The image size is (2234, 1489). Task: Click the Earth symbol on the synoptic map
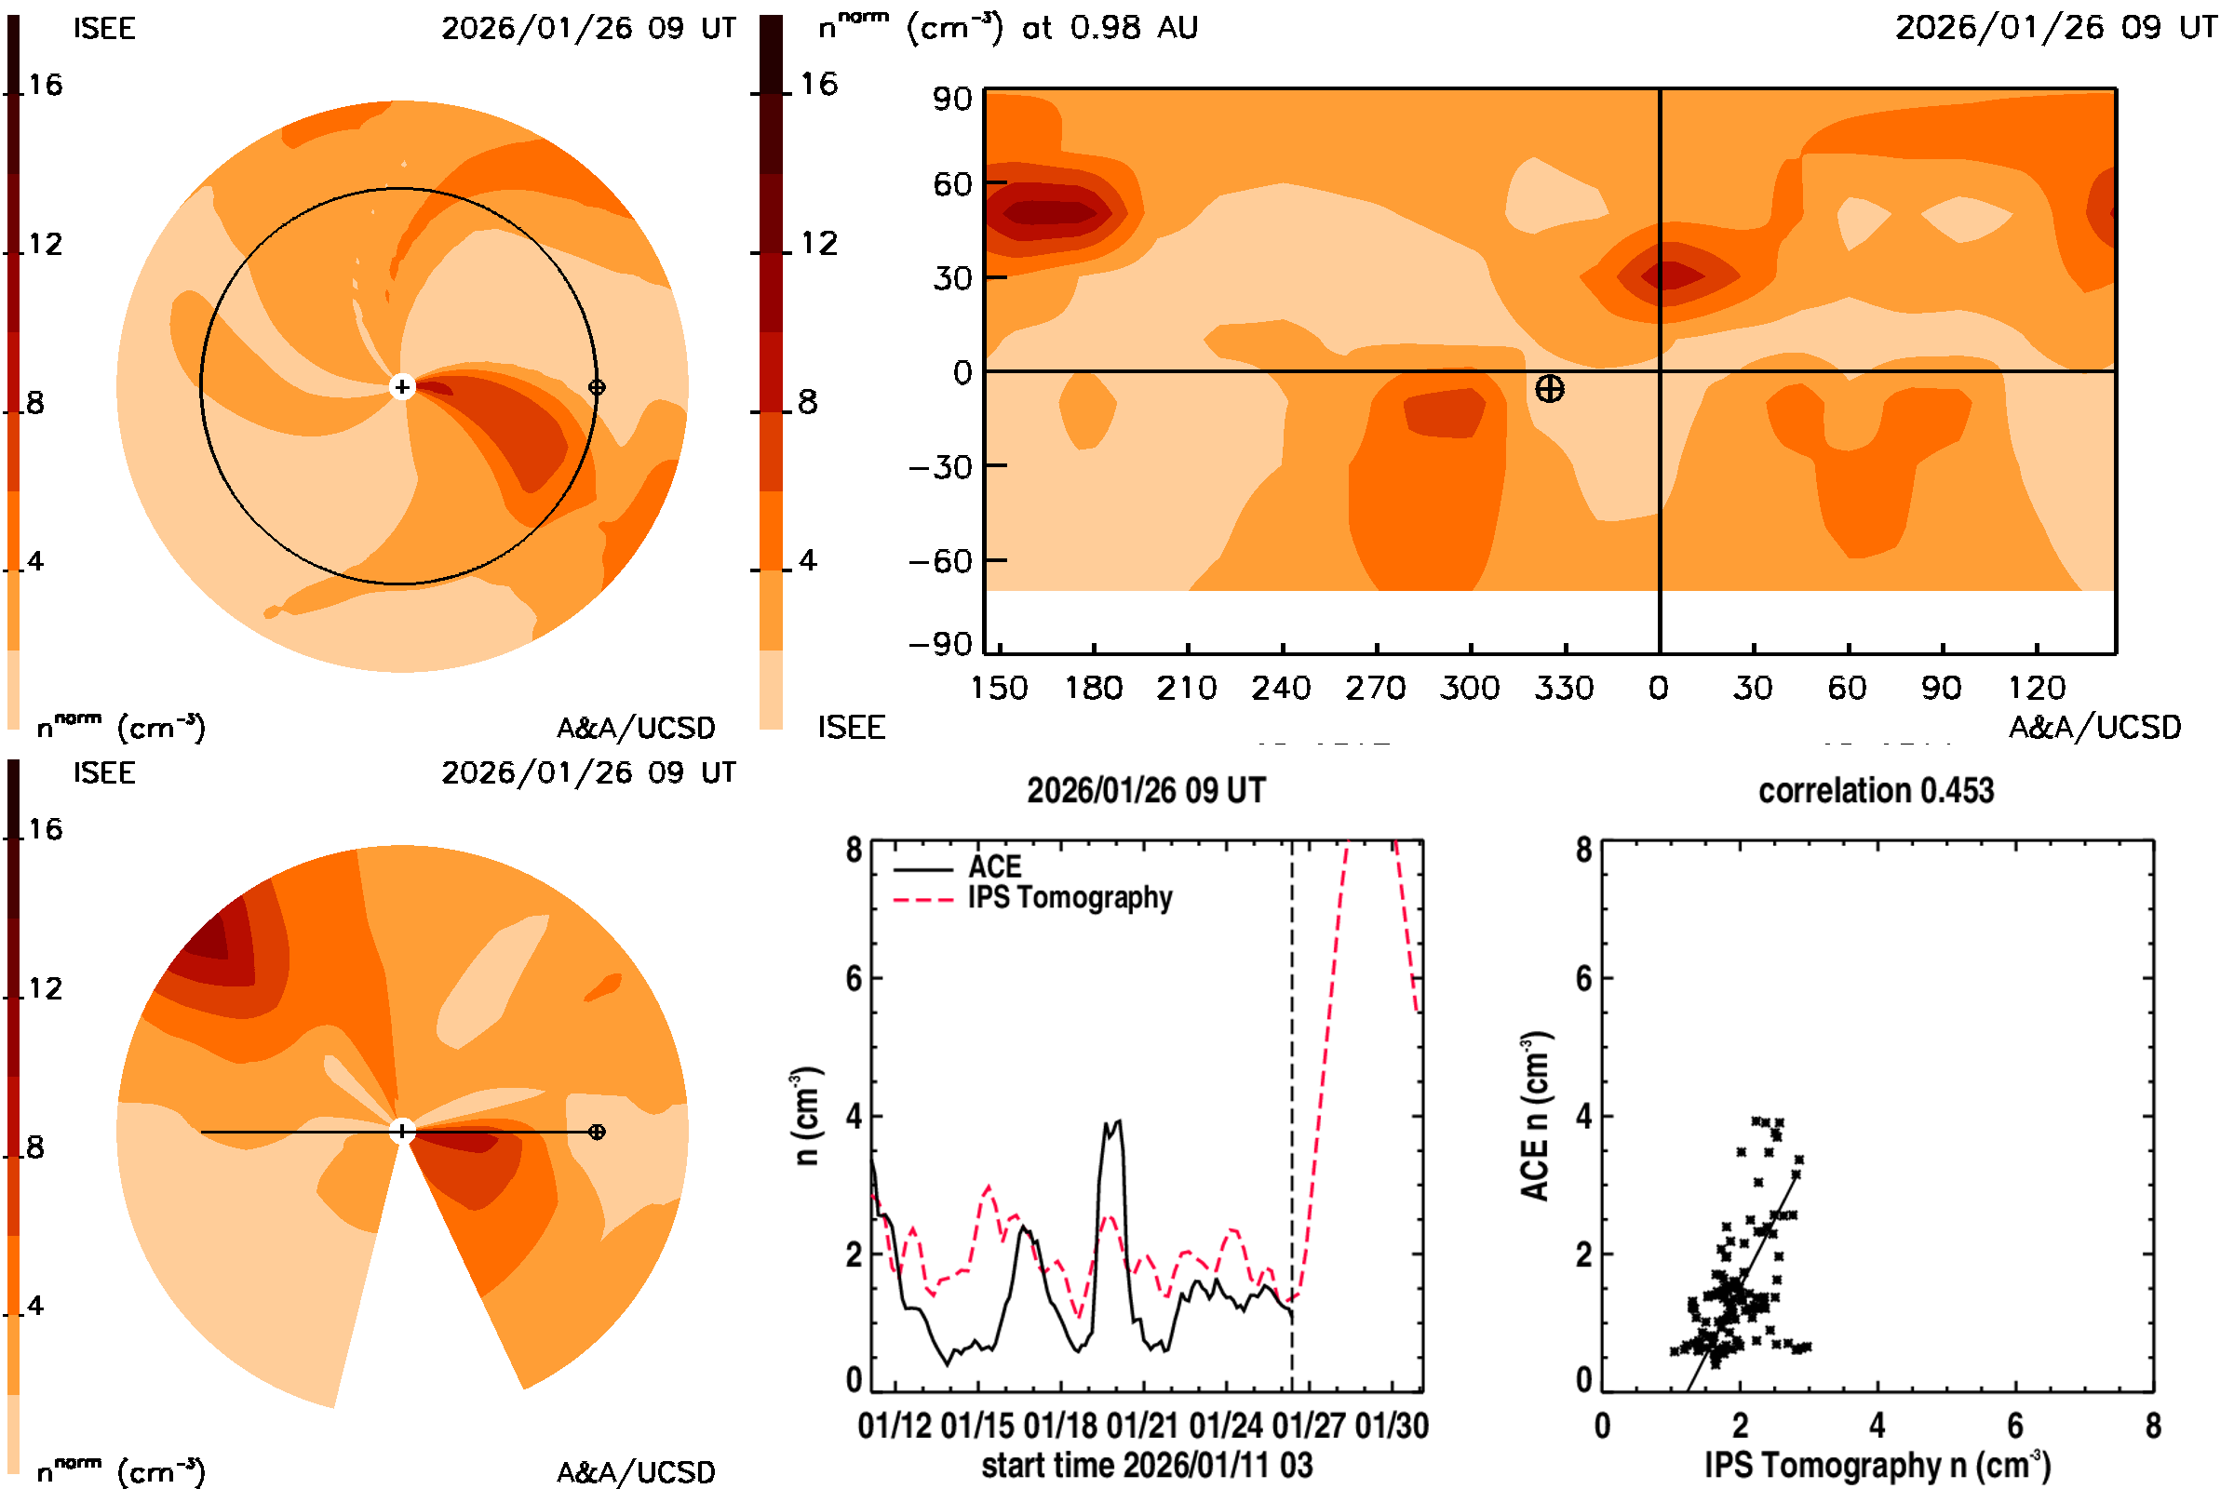(x=1549, y=388)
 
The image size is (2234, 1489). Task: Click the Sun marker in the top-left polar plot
(x=402, y=386)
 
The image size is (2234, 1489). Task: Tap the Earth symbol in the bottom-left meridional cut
(x=597, y=1131)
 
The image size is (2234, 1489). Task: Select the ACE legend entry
(x=993, y=866)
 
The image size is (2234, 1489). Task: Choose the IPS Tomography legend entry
(x=1070, y=897)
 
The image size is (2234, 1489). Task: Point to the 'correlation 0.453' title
(x=1875, y=790)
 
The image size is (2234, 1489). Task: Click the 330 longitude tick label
(x=1564, y=688)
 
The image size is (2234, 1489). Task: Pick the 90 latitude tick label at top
(x=951, y=99)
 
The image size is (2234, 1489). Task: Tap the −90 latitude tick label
(x=940, y=645)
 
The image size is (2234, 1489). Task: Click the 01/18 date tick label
(x=1061, y=1426)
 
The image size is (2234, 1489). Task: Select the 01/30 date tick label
(x=1392, y=1426)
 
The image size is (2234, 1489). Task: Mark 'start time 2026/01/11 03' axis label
(x=1147, y=1465)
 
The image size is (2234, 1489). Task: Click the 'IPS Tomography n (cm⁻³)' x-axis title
(x=1877, y=1465)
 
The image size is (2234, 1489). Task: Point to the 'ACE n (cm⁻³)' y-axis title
(x=1536, y=1115)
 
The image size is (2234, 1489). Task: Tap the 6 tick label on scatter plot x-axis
(x=2014, y=1426)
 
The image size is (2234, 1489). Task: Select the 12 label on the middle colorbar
(x=818, y=244)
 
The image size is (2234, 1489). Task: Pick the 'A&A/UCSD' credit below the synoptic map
(x=2094, y=728)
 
